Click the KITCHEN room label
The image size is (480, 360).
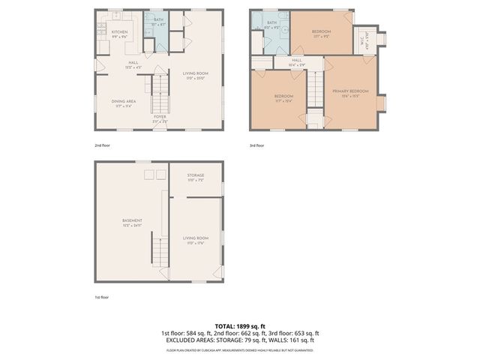coord(120,32)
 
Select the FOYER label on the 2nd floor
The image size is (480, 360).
coord(160,117)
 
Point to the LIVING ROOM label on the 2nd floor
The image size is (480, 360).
coord(194,73)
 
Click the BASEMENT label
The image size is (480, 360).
coord(132,220)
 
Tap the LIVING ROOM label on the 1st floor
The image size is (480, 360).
coord(194,239)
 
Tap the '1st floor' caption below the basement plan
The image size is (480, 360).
coord(102,298)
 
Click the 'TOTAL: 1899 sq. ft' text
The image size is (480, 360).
coord(240,326)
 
